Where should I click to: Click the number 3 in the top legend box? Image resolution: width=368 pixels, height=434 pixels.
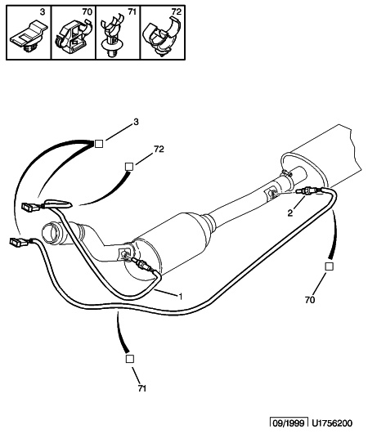[x=42, y=13]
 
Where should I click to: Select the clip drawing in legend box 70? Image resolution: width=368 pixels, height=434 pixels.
[x=73, y=37]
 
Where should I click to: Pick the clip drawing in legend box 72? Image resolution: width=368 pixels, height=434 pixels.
[x=161, y=36]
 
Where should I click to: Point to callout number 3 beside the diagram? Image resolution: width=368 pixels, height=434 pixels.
[x=136, y=122]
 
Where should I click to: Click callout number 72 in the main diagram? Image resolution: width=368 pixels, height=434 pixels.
[x=159, y=150]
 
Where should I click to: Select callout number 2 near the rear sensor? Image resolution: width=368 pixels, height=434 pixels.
[x=290, y=213]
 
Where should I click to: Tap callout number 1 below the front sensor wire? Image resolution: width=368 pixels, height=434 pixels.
[x=180, y=297]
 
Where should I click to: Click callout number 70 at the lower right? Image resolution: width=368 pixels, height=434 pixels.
[x=310, y=300]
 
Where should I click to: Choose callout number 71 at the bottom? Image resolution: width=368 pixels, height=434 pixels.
[x=141, y=388]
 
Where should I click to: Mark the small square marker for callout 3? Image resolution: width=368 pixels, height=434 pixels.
[x=99, y=144]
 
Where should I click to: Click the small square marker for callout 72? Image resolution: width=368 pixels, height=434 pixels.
[x=129, y=167]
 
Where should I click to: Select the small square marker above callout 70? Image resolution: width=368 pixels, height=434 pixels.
[x=329, y=266]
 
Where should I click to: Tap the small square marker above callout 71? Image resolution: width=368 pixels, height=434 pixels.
[x=129, y=359]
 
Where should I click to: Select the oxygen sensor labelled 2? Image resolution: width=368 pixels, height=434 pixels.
[x=309, y=190]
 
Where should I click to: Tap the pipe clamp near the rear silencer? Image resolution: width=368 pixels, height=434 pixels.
[x=287, y=174]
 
